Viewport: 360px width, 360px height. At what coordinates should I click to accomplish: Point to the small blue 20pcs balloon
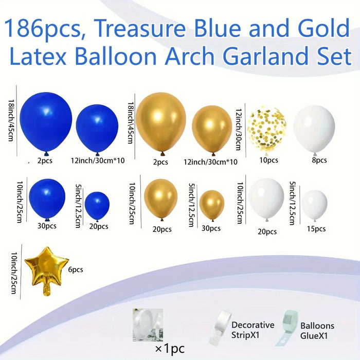(x=97, y=204)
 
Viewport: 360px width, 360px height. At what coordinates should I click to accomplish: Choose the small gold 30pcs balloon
(x=211, y=204)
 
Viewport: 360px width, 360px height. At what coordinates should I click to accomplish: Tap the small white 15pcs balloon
(x=314, y=204)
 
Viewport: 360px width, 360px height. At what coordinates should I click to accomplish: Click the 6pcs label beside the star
(x=76, y=269)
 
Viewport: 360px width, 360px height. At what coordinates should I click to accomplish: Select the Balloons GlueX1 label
(x=317, y=330)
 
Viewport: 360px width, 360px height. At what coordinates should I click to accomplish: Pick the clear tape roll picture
(x=147, y=322)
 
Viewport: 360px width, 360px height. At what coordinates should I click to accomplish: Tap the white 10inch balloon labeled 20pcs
(x=266, y=199)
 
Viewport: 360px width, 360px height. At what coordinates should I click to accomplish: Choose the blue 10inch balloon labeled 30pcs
(x=47, y=198)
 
